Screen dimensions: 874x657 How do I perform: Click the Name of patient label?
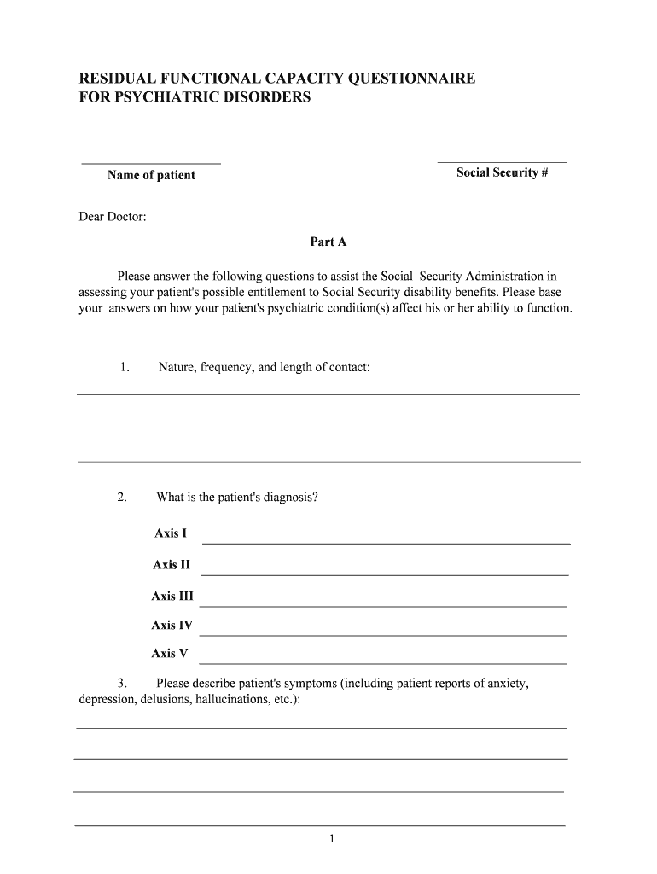pos(151,175)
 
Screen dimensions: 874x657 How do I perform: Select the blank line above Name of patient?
pos(151,162)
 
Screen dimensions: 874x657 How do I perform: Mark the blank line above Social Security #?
pos(502,161)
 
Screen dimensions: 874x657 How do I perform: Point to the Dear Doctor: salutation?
pos(113,217)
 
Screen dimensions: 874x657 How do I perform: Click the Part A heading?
pos(328,242)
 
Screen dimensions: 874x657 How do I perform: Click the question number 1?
pos(125,367)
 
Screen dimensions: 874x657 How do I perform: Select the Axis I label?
pos(170,533)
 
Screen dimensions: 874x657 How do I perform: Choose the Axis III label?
pos(172,596)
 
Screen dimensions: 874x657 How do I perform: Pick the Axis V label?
pos(169,654)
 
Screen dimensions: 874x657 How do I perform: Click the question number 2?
pos(123,497)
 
